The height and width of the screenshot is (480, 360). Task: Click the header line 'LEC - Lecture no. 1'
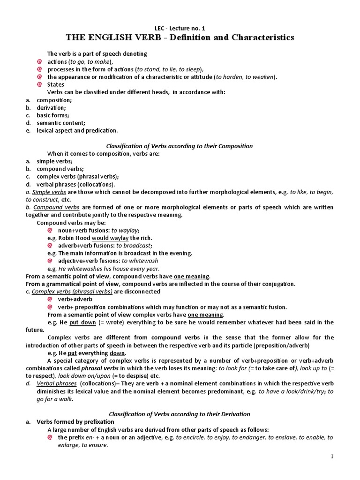point(180,28)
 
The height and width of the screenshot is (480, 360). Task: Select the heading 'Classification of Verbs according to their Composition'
point(180,146)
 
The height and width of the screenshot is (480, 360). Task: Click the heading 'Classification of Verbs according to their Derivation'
point(180,414)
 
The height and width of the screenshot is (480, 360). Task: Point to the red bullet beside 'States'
point(40,85)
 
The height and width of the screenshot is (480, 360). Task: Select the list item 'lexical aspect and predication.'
point(77,130)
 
